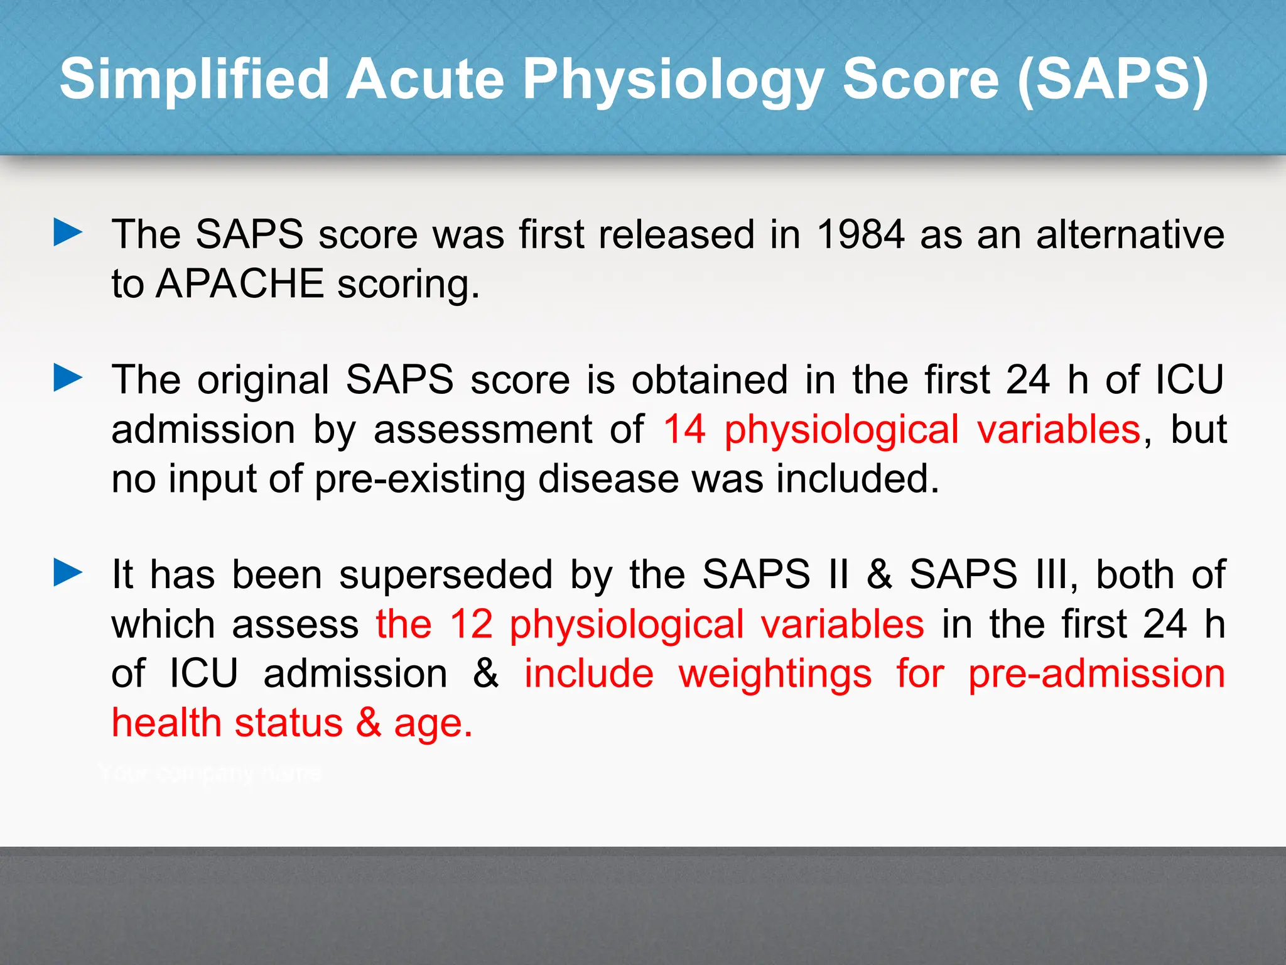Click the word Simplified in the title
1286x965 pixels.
coord(194,79)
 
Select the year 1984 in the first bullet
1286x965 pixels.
coord(860,234)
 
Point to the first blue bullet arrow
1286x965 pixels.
coord(68,232)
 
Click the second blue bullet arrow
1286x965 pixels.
coord(68,378)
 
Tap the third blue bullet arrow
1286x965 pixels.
coord(68,572)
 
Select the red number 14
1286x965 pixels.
coord(684,430)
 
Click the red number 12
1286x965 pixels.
coord(471,624)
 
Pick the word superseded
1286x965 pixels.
coord(446,575)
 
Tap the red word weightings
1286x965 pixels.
coord(775,675)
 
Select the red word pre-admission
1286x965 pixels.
coord(1096,673)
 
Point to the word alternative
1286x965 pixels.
coord(1130,234)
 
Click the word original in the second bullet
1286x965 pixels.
coord(263,381)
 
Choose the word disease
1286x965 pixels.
coord(608,479)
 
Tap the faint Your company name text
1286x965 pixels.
coord(210,773)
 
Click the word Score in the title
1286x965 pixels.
coord(920,79)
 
